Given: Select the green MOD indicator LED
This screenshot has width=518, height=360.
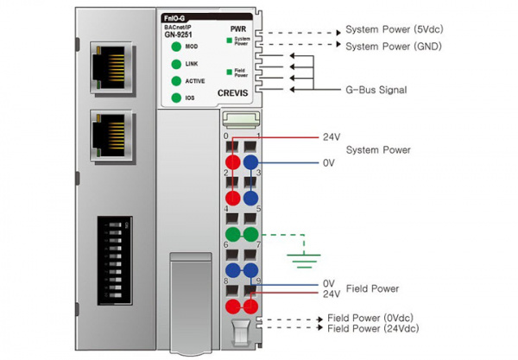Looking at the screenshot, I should pyautogui.click(x=176, y=47).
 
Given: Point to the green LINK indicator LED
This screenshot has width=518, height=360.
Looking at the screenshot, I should pyautogui.click(x=176, y=64).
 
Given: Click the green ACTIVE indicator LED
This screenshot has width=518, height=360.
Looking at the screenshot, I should pyautogui.click(x=176, y=81).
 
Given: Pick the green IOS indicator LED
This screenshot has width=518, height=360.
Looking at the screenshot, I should pyautogui.click(x=176, y=98).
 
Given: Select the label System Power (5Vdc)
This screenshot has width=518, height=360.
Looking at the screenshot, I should pyautogui.click(x=395, y=28).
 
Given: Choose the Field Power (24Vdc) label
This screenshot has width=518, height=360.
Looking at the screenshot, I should pyautogui.click(x=372, y=330).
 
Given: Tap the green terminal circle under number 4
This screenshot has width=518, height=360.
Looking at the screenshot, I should pyautogui.click(x=232, y=234).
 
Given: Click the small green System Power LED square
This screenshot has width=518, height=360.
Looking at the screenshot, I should pyautogui.click(x=230, y=40).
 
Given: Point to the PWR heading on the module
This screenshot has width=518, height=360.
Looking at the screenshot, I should pyautogui.click(x=239, y=28).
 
